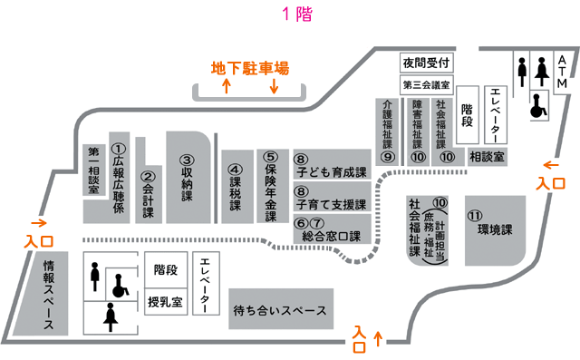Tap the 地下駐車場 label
pyautogui.click(x=250, y=68)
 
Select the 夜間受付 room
pyautogui.click(x=426, y=63)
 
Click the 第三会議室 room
pyautogui.click(x=426, y=85)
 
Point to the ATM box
pyautogui.click(x=562, y=72)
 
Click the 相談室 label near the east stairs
pyautogui.click(x=487, y=157)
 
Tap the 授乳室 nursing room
pyautogui.click(x=165, y=301)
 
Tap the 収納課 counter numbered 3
pyautogui.click(x=188, y=177)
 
